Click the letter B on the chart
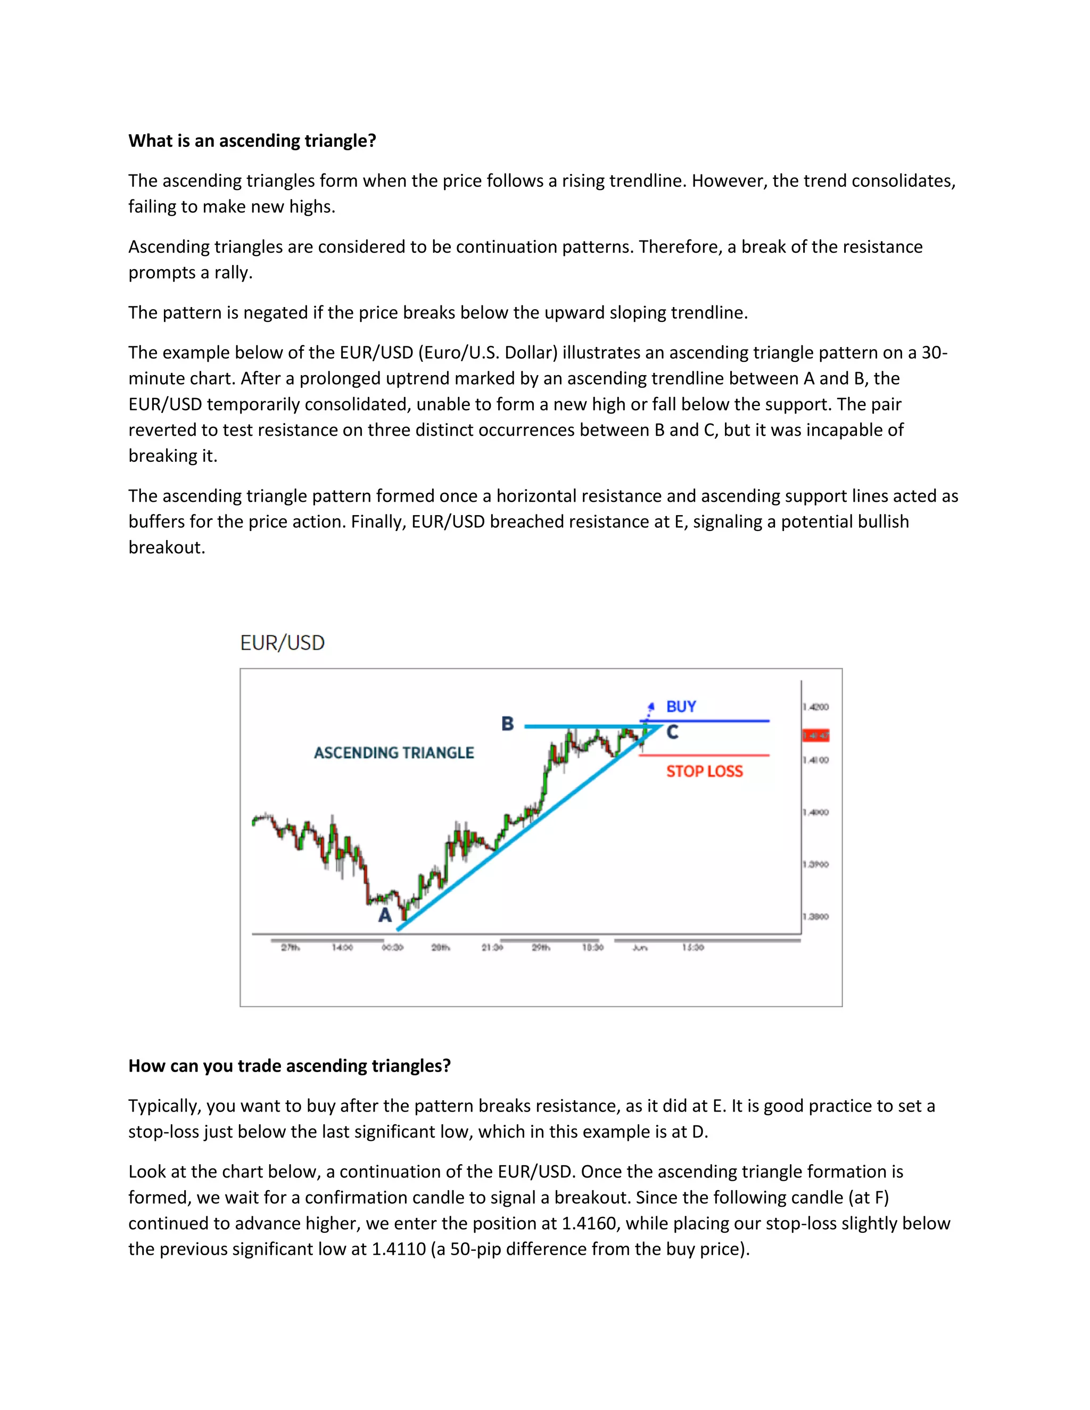point(508,724)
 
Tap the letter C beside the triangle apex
point(672,732)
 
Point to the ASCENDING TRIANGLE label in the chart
point(394,753)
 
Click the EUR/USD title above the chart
point(282,643)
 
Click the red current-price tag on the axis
point(816,735)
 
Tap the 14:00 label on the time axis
point(342,947)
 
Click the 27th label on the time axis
point(290,947)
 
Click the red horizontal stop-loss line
point(711,754)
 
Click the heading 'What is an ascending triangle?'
point(252,141)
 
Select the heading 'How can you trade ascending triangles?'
point(290,1065)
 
